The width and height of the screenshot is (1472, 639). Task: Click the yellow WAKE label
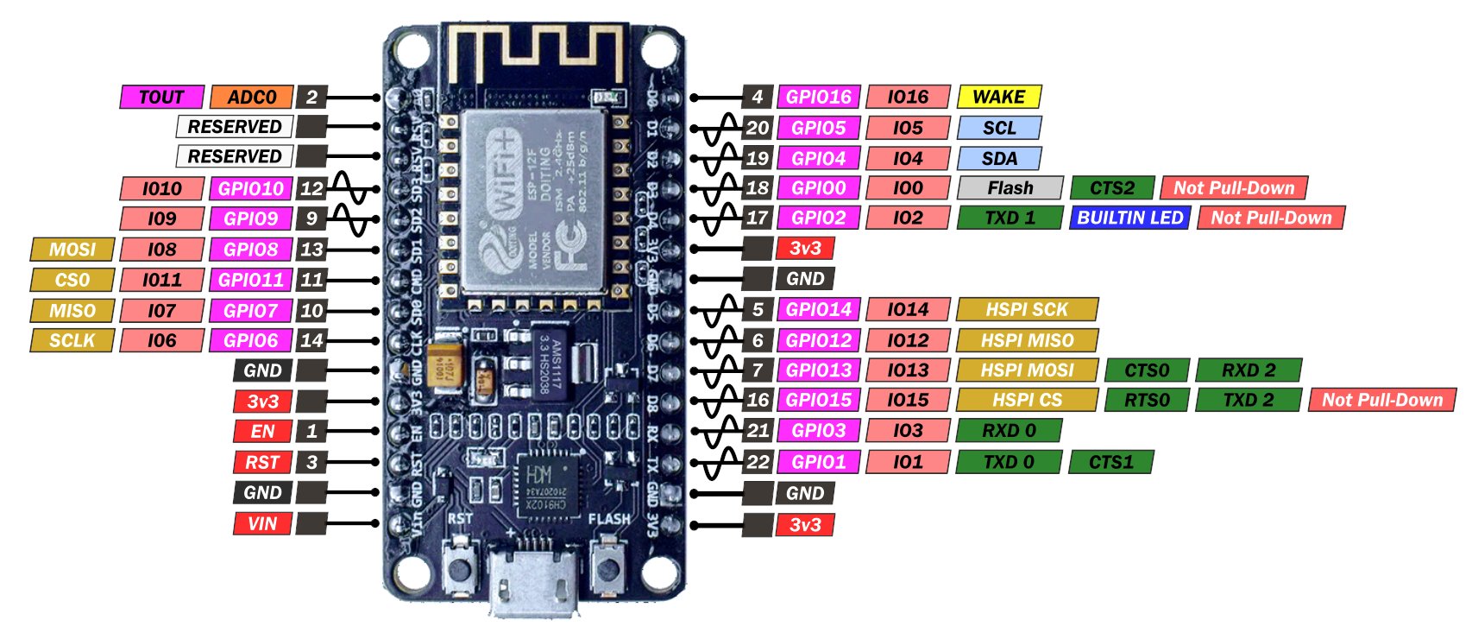[998, 97]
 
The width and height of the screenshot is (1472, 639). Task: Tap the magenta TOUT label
[161, 97]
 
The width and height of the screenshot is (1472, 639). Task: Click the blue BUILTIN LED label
[1129, 218]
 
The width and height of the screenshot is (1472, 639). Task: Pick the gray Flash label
[1010, 187]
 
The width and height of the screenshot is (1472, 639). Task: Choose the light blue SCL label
[998, 128]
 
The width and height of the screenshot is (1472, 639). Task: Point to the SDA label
[998, 158]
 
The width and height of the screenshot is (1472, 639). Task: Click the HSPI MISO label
[1026, 340]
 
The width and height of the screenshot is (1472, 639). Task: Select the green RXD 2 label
[1248, 370]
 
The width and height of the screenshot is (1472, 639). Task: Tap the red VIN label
[262, 523]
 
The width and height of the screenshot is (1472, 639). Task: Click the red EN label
[262, 431]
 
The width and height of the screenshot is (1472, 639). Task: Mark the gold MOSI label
[72, 250]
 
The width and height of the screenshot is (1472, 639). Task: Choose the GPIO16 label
[818, 97]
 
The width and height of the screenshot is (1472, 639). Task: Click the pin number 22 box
[758, 462]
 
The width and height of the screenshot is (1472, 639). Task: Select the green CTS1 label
[1110, 462]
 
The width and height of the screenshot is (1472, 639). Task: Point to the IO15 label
[908, 400]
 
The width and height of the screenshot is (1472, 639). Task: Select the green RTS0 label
[1147, 400]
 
